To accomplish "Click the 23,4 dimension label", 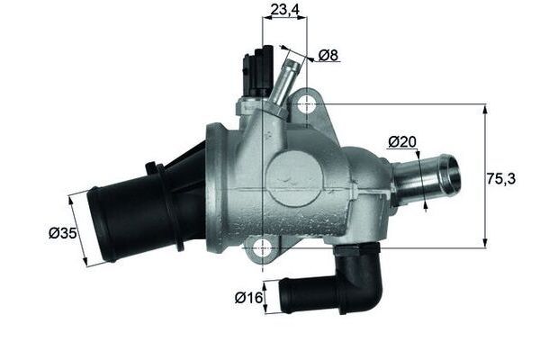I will (283, 11).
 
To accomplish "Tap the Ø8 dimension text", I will (329, 56).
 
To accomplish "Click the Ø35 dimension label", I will (61, 234).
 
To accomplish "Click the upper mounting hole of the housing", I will (306, 103).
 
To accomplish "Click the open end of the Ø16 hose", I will (286, 295).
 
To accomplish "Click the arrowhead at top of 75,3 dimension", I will (486, 109).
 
